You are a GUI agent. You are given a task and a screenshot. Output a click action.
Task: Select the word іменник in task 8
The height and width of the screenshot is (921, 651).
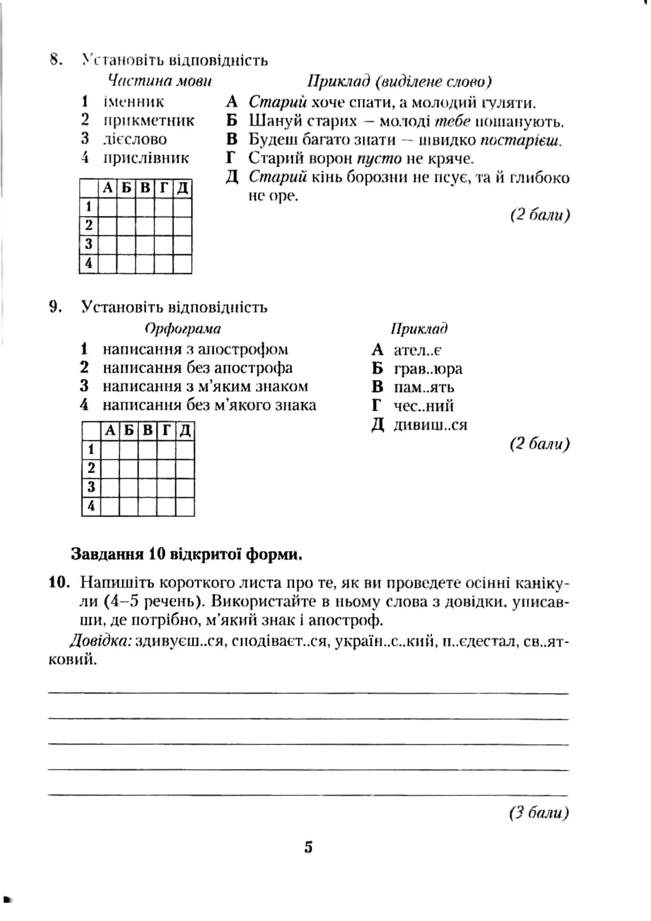[x=134, y=102]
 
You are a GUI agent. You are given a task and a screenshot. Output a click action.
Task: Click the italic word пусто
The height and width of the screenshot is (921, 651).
[x=379, y=159]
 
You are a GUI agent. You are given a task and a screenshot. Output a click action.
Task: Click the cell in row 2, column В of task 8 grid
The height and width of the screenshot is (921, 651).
[x=145, y=226]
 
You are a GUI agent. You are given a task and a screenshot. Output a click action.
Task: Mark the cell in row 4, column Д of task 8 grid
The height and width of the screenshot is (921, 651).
[x=182, y=263]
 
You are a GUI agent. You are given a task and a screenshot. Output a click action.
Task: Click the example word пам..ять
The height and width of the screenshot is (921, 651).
[x=424, y=387]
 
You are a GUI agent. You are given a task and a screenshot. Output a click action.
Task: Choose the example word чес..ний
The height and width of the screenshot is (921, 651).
[x=424, y=406]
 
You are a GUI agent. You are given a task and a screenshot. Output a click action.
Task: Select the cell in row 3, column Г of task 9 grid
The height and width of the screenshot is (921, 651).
[x=166, y=487]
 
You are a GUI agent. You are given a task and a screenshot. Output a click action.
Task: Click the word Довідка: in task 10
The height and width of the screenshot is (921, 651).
[x=101, y=642]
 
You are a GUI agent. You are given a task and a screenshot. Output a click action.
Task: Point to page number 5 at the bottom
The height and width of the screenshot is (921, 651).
[x=308, y=848]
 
